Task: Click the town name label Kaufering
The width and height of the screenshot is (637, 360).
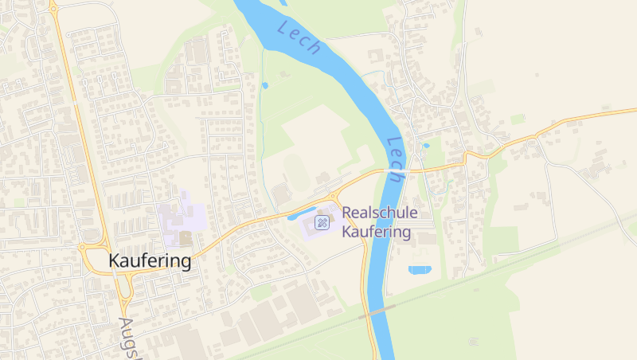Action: [x=150, y=260]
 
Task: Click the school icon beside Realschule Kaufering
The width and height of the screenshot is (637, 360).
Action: [x=322, y=222]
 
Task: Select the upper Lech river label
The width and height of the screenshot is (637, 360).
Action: [x=299, y=38]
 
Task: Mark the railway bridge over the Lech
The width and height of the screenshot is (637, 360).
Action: [x=377, y=311]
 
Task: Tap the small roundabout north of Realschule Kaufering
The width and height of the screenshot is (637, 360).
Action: [x=333, y=197]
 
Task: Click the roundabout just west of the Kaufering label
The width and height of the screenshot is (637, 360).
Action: [x=83, y=247]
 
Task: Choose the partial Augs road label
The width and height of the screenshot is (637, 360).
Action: [x=127, y=338]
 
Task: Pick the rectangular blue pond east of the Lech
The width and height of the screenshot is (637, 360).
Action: [x=420, y=270]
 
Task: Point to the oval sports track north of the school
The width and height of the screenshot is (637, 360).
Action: [x=295, y=166]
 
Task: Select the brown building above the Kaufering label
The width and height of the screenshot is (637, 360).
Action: [x=186, y=237]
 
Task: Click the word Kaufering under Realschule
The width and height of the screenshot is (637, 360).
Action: [x=376, y=233]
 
